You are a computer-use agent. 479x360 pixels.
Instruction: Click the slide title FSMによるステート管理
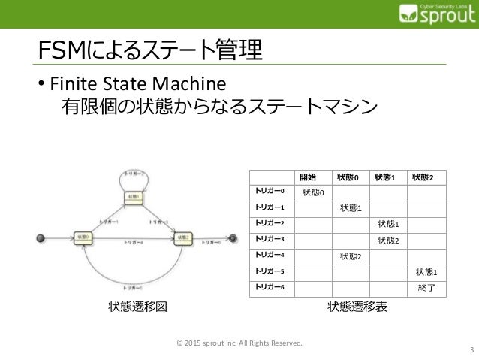click(150, 51)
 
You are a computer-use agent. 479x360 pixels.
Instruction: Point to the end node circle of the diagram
click(233, 239)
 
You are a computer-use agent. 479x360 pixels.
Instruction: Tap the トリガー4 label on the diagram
click(133, 242)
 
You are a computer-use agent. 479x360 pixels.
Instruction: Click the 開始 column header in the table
click(307, 177)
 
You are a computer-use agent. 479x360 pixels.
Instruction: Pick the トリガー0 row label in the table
click(269, 192)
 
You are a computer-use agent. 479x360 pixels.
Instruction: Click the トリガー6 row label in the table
click(269, 286)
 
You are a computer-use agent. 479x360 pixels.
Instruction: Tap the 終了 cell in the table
click(426, 287)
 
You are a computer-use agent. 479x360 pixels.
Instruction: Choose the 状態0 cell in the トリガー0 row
click(313, 192)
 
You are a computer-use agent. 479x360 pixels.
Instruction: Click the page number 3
click(470, 349)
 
